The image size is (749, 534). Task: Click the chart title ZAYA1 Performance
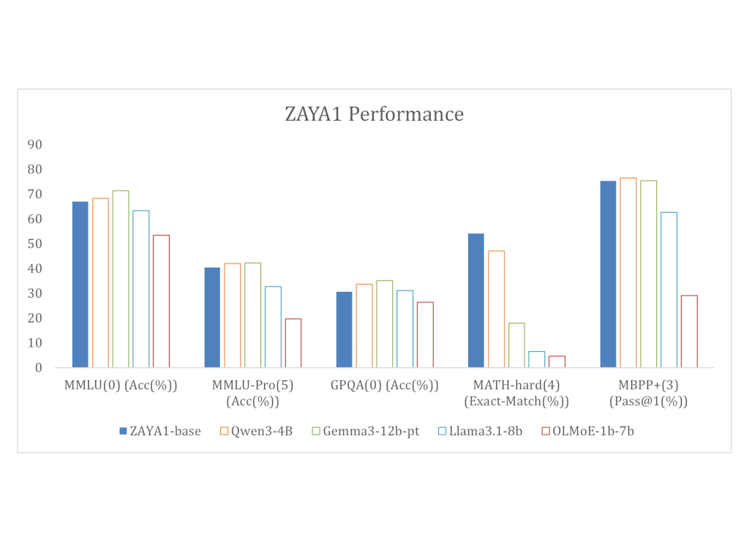click(374, 114)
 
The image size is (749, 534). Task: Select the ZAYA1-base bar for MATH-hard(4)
click(475, 301)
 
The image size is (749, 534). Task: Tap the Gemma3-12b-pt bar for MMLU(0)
click(121, 279)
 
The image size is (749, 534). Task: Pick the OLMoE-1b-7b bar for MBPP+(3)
click(689, 331)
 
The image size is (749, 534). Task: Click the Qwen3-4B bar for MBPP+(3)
click(628, 273)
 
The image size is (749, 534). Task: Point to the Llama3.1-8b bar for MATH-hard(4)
click(536, 359)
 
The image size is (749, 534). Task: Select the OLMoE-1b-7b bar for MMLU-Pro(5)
click(293, 343)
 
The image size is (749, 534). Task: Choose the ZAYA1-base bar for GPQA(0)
click(344, 330)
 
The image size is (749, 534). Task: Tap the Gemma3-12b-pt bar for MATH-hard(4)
click(516, 345)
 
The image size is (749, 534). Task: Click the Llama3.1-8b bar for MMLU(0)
click(141, 289)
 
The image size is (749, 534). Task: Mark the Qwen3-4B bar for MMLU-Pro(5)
click(233, 315)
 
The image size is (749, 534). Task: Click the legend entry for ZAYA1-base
click(160, 432)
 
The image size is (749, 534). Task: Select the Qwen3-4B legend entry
click(256, 432)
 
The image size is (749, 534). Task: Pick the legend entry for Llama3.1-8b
click(480, 432)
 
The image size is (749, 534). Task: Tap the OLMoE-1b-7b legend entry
click(588, 432)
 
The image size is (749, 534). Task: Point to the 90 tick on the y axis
click(35, 145)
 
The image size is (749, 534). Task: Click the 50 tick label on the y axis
click(35, 244)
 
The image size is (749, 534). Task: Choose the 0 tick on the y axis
click(38, 368)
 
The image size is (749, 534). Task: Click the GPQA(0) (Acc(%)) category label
click(385, 386)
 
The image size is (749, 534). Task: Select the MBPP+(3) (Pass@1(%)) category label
click(648, 393)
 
